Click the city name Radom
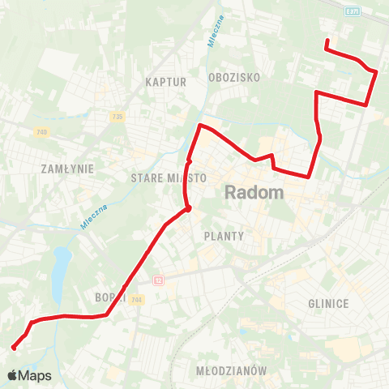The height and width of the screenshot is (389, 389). (x=254, y=193)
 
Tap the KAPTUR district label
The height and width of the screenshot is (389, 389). (x=166, y=82)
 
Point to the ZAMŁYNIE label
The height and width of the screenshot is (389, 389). (x=67, y=169)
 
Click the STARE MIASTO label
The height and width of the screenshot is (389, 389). (x=164, y=177)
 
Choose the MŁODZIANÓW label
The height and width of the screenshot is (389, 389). (x=231, y=370)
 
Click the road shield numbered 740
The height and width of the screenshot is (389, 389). (x=42, y=132)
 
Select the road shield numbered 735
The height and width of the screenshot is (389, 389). (x=118, y=117)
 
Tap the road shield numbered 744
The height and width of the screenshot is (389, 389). (x=135, y=299)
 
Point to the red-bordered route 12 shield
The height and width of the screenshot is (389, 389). (x=159, y=280)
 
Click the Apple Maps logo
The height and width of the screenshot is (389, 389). (x=29, y=376)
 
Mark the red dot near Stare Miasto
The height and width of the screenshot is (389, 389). (x=188, y=208)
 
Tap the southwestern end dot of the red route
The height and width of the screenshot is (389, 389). (x=14, y=348)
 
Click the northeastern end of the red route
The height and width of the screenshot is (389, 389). (x=326, y=41)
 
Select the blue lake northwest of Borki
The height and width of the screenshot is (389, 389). (x=58, y=273)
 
